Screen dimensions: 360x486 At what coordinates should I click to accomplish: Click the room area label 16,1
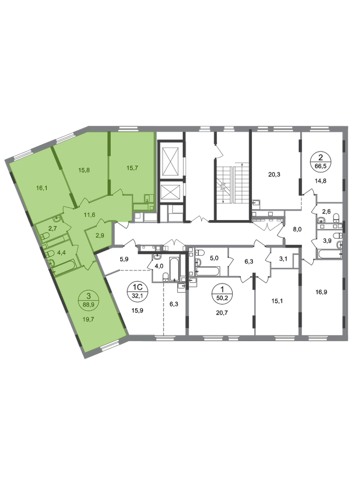point(42,188)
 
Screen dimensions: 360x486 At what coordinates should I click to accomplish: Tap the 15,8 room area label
point(84,170)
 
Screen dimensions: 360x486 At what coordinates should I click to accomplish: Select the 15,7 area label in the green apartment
point(132,168)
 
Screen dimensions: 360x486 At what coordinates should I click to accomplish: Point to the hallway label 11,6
point(89,214)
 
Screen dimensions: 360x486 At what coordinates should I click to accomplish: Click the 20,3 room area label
point(274,174)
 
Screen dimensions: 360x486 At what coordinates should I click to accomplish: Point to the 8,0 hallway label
point(297,229)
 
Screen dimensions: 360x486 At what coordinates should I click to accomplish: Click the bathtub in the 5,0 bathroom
point(208,272)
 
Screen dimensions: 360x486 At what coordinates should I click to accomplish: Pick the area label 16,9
point(322,292)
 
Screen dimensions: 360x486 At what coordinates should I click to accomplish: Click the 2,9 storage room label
point(100,236)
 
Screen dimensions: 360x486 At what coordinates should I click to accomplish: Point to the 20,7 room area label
point(222,313)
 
